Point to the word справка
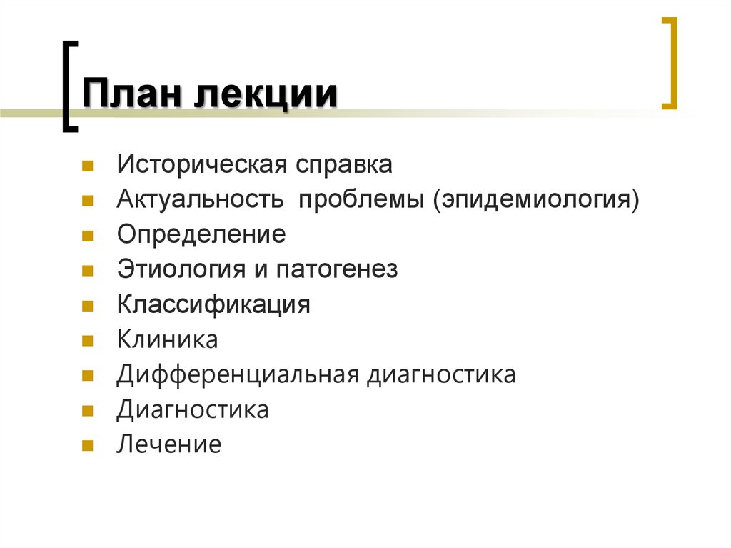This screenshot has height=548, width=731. tap(345, 165)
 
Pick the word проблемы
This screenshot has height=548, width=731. tap(362, 200)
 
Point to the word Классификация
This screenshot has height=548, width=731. tap(214, 305)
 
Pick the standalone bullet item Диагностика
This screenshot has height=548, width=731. tap(193, 410)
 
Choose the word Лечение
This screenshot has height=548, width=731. tap(169, 445)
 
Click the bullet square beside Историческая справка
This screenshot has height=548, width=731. tap(86, 167)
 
